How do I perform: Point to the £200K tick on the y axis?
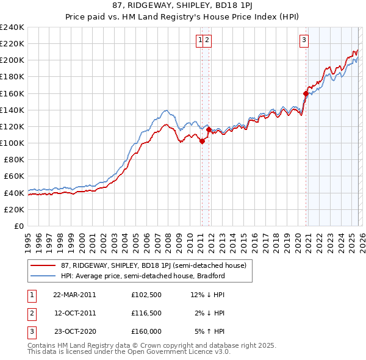[x=12, y=60]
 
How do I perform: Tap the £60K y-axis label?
[x=13, y=176]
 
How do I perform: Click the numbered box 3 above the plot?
[x=303, y=41]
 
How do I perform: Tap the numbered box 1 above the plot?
[x=199, y=41]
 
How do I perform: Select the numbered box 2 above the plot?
[x=207, y=41]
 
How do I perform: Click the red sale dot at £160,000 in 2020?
[x=306, y=93]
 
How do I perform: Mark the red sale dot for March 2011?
[x=202, y=141]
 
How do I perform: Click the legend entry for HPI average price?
[x=143, y=276]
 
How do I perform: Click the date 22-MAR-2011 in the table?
[x=74, y=295]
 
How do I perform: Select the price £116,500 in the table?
[x=146, y=312]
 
